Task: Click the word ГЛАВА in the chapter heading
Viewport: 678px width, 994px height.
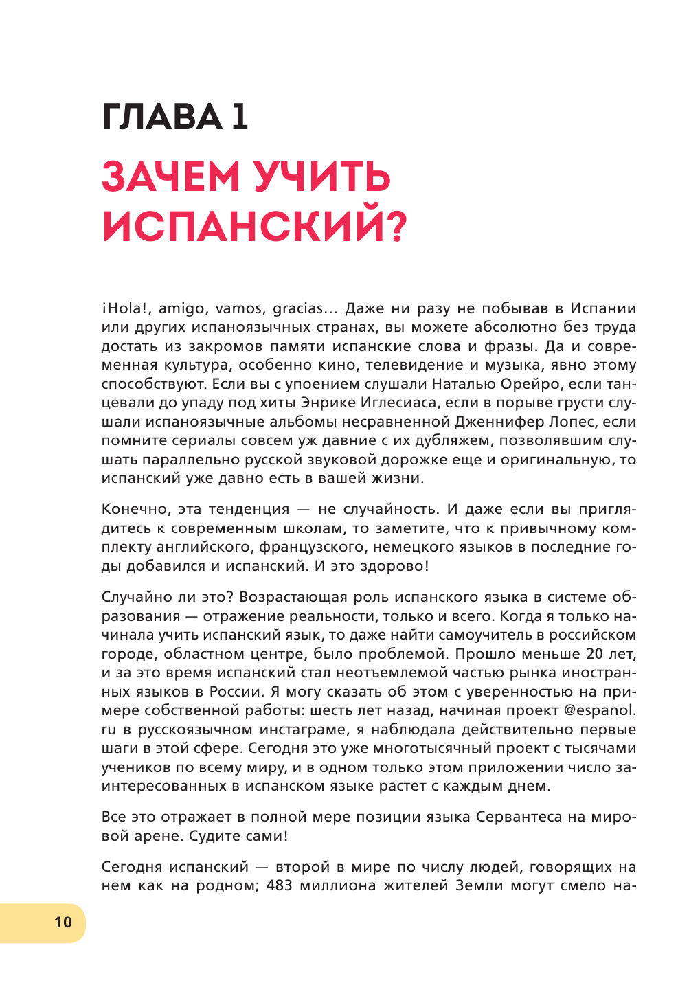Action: [x=161, y=117]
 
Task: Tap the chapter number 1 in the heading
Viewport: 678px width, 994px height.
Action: [x=239, y=117]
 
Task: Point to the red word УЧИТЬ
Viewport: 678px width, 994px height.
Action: [x=322, y=177]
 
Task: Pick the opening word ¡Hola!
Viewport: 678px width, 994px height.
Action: [x=125, y=308]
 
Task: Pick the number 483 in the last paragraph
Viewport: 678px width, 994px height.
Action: [x=280, y=885]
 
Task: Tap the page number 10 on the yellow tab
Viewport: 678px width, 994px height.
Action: [x=63, y=923]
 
